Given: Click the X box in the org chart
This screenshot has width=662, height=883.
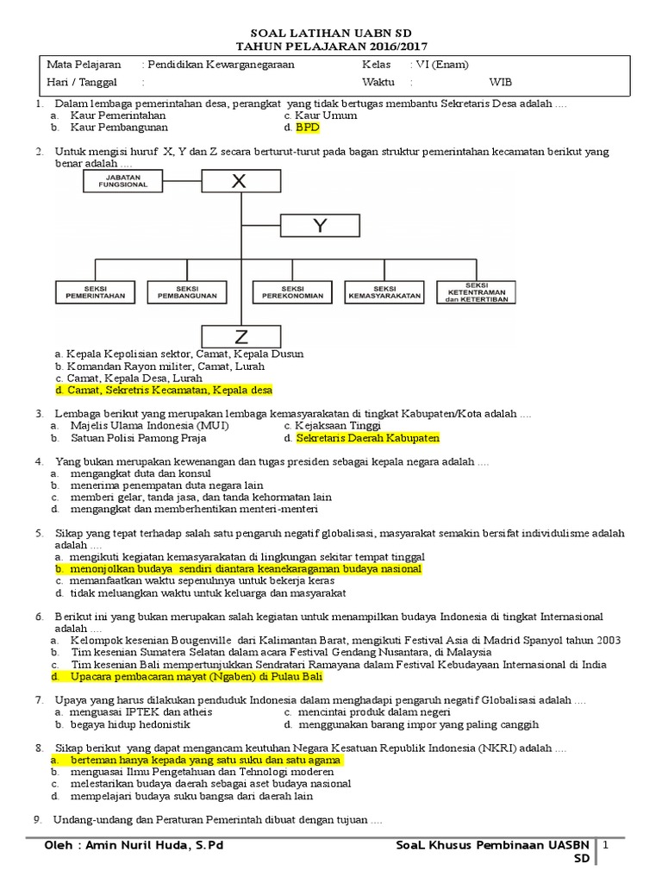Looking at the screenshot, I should (x=239, y=181).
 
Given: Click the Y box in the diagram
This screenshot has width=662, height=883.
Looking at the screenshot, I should (x=320, y=226).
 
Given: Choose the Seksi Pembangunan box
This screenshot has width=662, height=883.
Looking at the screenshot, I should (x=186, y=291).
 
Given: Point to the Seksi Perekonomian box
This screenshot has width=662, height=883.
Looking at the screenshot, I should (x=292, y=291).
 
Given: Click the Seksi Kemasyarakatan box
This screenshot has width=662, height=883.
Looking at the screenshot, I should (x=384, y=291).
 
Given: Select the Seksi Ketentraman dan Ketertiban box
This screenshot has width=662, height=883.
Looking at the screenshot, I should (x=477, y=291).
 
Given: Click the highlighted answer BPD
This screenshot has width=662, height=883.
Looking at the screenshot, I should (x=307, y=127).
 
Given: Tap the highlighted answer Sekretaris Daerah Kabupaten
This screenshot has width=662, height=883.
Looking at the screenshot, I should (x=367, y=438).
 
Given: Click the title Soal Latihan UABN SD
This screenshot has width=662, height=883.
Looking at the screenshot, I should (x=331, y=32).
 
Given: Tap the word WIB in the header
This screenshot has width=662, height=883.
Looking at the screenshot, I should (x=500, y=83).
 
